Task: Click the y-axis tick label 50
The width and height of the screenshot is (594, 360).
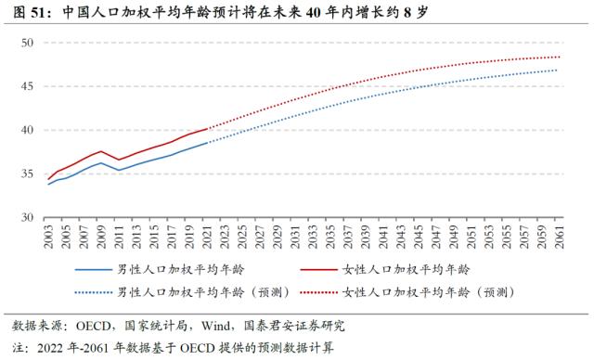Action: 26,43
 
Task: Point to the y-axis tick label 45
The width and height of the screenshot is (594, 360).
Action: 26,86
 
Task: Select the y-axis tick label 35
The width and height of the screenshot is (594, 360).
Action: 26,173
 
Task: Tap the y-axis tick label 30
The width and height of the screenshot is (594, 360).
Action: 26,216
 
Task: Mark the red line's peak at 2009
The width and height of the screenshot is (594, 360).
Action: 101,151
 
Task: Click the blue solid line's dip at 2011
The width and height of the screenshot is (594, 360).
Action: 119,170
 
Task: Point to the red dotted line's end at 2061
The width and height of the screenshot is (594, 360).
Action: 560,57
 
